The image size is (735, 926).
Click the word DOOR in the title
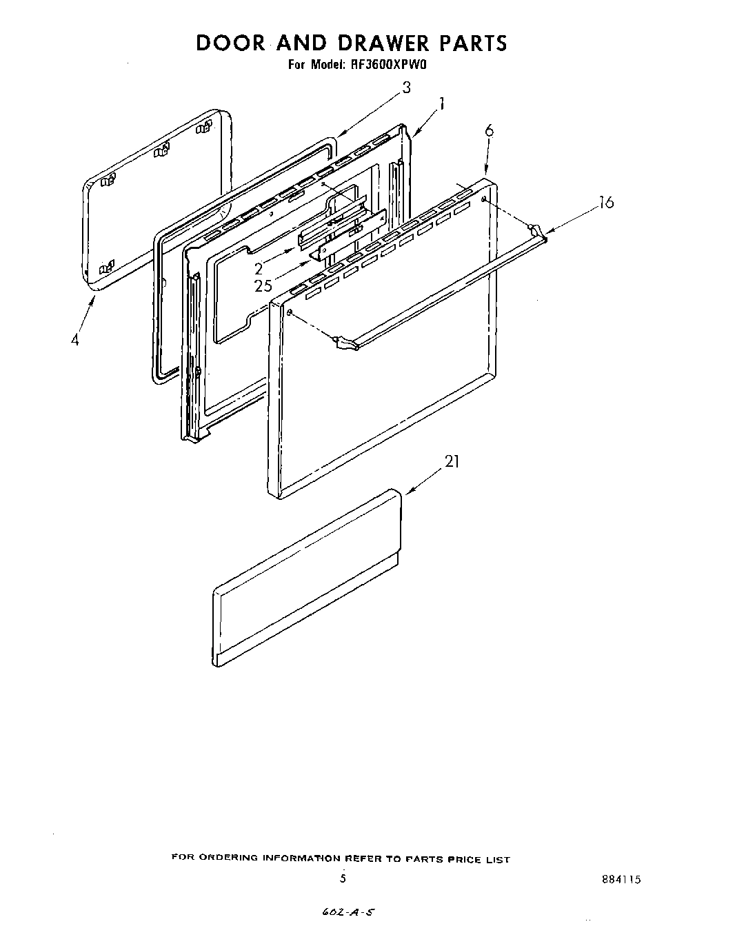click(230, 43)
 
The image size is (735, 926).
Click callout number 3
click(406, 88)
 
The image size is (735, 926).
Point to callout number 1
click(441, 104)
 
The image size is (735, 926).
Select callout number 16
click(605, 202)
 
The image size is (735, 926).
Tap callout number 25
click(263, 285)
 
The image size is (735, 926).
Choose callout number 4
click(74, 340)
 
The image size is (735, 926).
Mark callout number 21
click(452, 462)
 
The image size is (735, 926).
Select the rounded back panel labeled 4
click(155, 200)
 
